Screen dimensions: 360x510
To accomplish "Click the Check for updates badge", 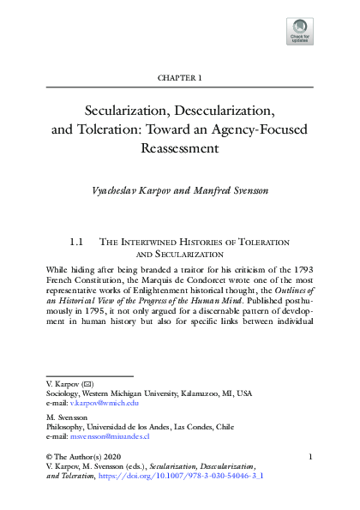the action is point(301,31).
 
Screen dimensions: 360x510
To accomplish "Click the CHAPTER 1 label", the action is point(179,78).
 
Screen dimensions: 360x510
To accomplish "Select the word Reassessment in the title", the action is point(180,147).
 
